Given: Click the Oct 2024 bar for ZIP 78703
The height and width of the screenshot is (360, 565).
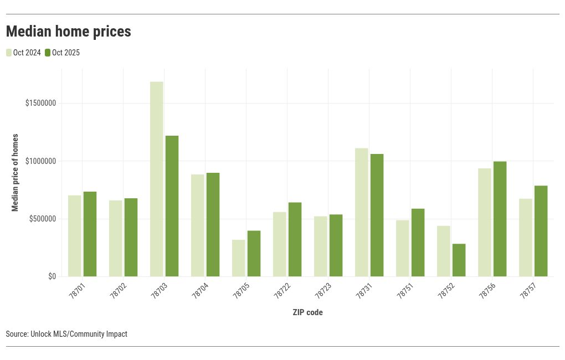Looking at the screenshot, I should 157,179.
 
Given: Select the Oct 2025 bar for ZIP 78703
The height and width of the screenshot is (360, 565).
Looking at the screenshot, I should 172,206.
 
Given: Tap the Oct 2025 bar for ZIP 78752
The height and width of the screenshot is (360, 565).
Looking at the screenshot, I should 459,260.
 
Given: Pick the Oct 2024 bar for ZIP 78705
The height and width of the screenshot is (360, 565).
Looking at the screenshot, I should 239,258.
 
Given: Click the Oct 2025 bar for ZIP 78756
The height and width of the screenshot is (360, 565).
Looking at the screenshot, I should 500,219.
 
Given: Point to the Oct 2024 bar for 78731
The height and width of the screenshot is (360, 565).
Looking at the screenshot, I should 362,212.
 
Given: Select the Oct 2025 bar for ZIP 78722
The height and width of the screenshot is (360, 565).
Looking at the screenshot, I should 295,239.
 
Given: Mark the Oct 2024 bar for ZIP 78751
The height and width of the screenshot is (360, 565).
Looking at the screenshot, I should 403,248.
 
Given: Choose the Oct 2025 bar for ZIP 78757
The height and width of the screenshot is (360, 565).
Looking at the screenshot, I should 541,231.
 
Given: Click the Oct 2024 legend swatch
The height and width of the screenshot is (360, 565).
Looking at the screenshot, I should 9,53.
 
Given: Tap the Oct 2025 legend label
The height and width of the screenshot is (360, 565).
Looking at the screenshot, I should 66,53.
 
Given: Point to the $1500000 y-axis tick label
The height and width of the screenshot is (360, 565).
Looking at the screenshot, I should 40,104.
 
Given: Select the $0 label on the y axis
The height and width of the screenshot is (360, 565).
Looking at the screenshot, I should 52,276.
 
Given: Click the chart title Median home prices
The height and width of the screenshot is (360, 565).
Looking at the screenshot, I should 69,32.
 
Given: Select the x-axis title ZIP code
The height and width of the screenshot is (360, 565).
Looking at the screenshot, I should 307,312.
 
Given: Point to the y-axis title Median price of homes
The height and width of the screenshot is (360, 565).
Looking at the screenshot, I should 16,172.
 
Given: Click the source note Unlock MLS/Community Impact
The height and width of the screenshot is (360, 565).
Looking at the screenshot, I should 66,334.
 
